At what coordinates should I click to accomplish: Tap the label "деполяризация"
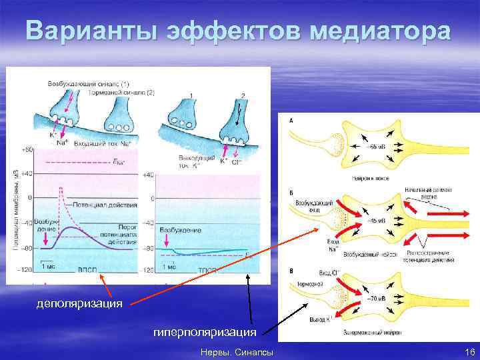click(79, 304)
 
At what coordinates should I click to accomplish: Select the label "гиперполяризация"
click(204, 331)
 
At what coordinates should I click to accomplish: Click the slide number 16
click(469, 351)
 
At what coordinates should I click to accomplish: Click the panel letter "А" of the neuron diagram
click(291, 121)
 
